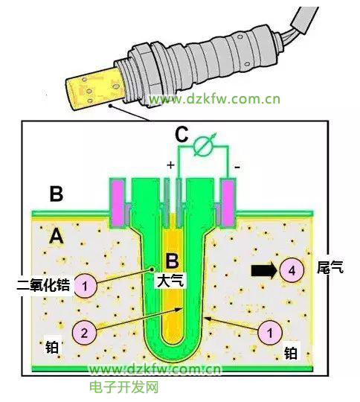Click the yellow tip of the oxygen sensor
pyautogui.click(x=95, y=89)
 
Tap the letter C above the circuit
pyautogui.click(x=182, y=134)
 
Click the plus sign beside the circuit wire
pyautogui.click(x=170, y=165)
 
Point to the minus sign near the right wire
pyautogui.click(x=237, y=167)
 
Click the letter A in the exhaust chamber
pyautogui.click(x=57, y=237)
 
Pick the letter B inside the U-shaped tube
pyautogui.click(x=172, y=261)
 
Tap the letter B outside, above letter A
pyautogui.click(x=56, y=193)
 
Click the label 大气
pyautogui.click(x=170, y=281)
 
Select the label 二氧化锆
pyautogui.click(x=44, y=285)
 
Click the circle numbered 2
pyautogui.click(x=84, y=333)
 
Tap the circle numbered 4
pyautogui.click(x=292, y=270)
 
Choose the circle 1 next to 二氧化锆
pyautogui.click(x=85, y=285)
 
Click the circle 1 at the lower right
pyautogui.click(x=270, y=333)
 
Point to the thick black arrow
pyautogui.click(x=264, y=271)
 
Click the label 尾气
pyautogui.click(x=330, y=267)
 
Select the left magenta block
pyautogui.click(x=118, y=202)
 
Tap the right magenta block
pyautogui.click(x=228, y=202)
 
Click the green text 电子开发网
pyautogui.click(x=124, y=387)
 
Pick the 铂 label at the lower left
pyautogui.click(x=52, y=348)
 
